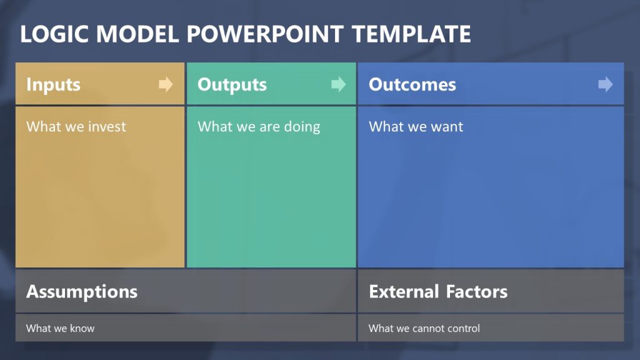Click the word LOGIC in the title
pos(52,34)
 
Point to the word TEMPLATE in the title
pos(411,34)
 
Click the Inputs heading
pos(53,85)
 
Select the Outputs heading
pos(232,85)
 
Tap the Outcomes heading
pos(412,85)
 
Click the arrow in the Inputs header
pos(166,84)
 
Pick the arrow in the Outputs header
pos(338,84)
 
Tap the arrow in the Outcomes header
pos(605,84)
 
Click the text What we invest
pos(76,127)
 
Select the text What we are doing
pos(259,127)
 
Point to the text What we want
pos(416,127)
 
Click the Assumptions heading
pos(82,292)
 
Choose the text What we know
pos(60,328)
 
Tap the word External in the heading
pos(404,292)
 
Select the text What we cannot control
pos(424,328)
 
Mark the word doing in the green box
pos(302,127)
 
